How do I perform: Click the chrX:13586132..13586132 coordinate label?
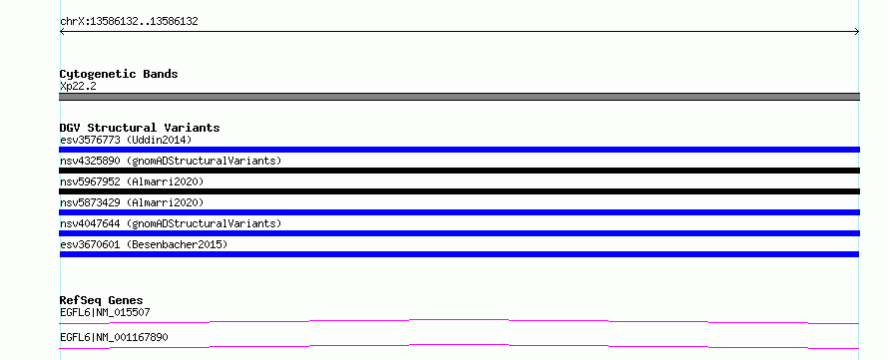point(129,22)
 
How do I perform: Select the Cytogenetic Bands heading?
point(119,74)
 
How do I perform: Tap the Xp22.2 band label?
point(78,87)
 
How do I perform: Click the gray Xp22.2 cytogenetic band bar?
point(459,97)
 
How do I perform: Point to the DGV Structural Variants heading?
point(140,128)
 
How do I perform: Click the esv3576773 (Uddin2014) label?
point(126,140)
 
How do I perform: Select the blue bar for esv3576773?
point(459,150)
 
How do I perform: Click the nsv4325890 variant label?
point(171,161)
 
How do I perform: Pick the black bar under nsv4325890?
point(459,171)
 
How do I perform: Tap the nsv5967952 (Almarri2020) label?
point(132,181)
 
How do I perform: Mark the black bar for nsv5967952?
point(459,191)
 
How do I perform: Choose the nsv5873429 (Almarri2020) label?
point(132,202)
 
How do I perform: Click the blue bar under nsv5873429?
point(459,212)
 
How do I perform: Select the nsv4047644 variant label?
point(171,223)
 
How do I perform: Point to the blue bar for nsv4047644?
point(459,233)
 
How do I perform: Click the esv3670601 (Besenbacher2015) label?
point(144,244)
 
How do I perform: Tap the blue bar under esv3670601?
point(459,254)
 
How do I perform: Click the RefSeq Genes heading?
point(102,300)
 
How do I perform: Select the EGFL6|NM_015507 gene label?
point(105,312)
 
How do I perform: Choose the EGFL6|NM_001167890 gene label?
point(114,338)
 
